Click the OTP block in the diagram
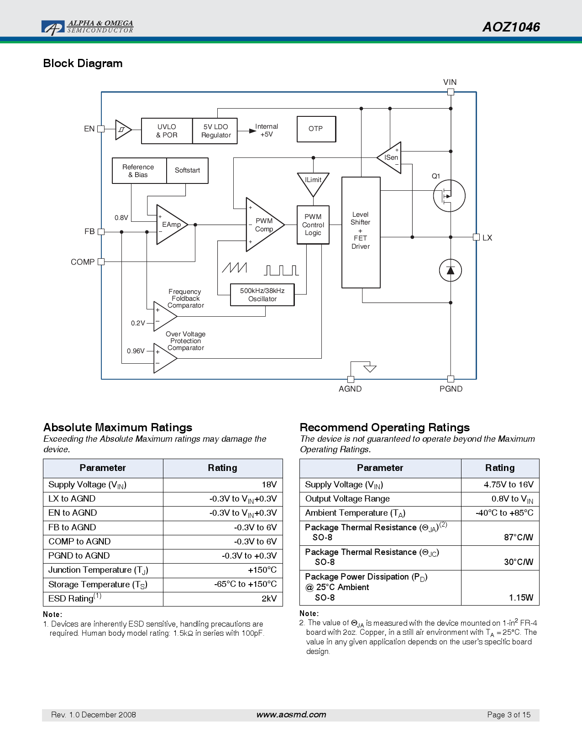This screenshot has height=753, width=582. [x=316, y=129]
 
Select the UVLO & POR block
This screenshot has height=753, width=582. [x=167, y=131]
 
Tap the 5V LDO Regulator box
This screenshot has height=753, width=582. [x=215, y=131]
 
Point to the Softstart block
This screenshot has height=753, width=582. [x=187, y=171]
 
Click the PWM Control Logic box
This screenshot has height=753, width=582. [x=313, y=225]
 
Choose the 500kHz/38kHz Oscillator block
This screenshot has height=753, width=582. [x=262, y=295]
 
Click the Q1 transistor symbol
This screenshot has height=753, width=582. [x=449, y=196]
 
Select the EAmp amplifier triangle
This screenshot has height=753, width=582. [x=172, y=225]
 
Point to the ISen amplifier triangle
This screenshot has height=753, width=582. [x=390, y=157]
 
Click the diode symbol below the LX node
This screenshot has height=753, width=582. [x=450, y=270]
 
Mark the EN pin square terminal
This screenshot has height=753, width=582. [x=101, y=129]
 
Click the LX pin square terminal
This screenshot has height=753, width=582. [x=476, y=237]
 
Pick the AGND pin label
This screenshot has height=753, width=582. [x=350, y=389]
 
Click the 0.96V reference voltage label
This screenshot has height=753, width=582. [x=136, y=351]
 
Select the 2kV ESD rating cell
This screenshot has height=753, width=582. [x=223, y=599]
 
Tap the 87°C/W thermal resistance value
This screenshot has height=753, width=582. [x=519, y=538]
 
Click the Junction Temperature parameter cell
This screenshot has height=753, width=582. [x=103, y=570]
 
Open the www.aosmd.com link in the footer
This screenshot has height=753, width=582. [x=291, y=715]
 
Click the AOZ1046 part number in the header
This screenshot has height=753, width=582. [x=511, y=27]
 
